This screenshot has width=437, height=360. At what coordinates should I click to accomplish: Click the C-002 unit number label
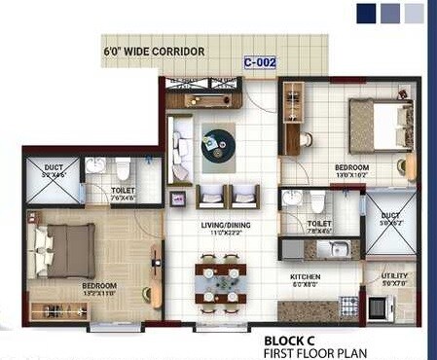click(260, 62)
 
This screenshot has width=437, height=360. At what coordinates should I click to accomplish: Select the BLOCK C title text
click(291, 340)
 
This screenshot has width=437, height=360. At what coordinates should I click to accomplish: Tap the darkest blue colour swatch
click(366, 13)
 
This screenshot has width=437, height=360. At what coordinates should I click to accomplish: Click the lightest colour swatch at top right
click(414, 13)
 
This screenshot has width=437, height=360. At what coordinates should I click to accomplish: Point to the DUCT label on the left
click(54, 167)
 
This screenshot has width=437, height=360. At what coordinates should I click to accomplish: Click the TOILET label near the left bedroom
click(123, 192)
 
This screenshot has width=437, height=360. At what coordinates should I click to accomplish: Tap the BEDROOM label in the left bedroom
click(100, 286)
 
